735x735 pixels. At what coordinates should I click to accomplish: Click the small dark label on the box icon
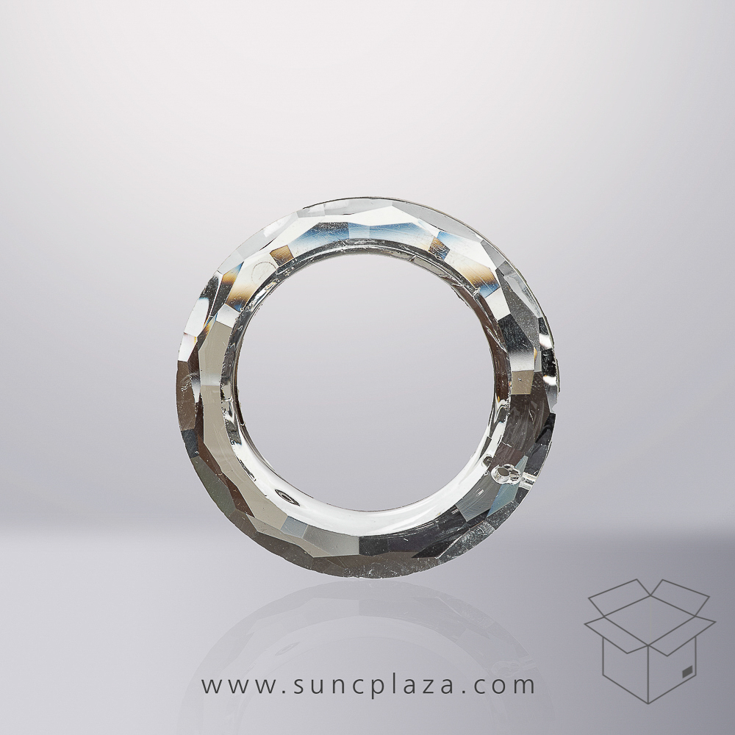coord(687,671)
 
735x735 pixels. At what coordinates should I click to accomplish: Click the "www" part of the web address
coord(237,686)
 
